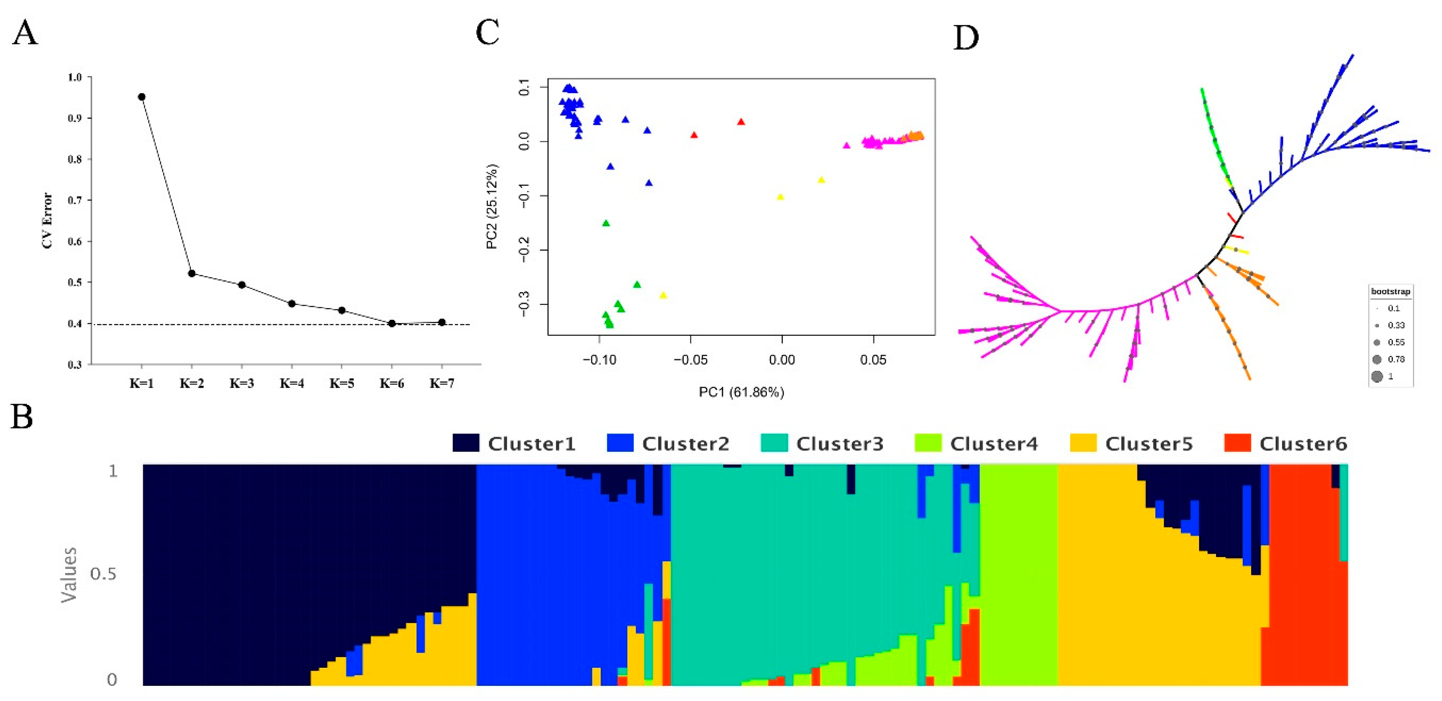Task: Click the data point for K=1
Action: click(142, 97)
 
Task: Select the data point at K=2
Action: click(192, 273)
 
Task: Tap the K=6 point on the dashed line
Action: click(392, 323)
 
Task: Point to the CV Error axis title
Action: click(48, 220)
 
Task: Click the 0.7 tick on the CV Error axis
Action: click(75, 200)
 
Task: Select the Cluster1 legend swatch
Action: click(466, 443)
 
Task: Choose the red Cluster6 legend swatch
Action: click(1237, 443)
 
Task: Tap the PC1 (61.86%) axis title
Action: click(741, 392)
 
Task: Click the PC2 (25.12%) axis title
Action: click(491, 206)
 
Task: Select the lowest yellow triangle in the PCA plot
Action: click(663, 295)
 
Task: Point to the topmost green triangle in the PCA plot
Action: click(606, 223)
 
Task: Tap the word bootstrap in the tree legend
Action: click(1390, 291)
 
